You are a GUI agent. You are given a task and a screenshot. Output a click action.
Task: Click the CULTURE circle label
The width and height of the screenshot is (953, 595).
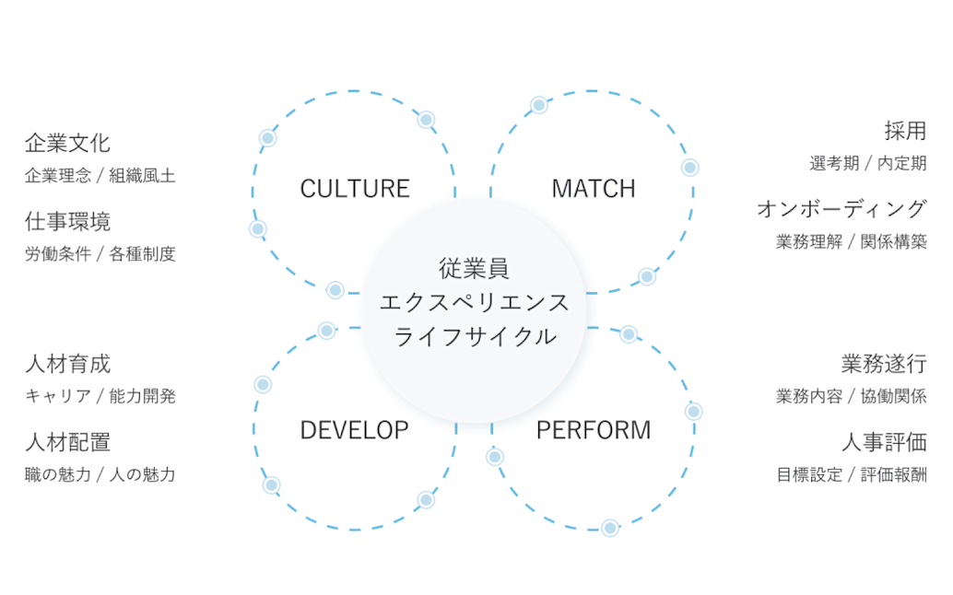point(355,189)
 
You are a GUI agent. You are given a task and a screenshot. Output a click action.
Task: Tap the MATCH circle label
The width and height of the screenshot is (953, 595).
point(594,189)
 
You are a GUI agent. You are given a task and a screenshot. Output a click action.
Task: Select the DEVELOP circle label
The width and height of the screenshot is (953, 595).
point(355,430)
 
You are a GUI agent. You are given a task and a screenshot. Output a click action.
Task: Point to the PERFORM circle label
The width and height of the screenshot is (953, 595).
point(594,430)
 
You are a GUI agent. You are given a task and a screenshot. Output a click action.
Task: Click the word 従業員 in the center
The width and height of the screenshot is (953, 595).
point(475,270)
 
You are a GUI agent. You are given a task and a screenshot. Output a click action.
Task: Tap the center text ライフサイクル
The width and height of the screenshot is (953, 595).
point(475,336)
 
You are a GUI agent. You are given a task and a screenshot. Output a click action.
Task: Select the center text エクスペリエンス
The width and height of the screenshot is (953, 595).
point(475,303)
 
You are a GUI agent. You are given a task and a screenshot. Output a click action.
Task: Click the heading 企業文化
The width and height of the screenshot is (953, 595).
point(67,144)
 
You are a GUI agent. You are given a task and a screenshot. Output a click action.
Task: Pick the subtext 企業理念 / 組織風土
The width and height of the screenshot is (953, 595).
point(100,175)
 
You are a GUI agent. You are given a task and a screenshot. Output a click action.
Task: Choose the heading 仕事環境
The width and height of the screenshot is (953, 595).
point(67,222)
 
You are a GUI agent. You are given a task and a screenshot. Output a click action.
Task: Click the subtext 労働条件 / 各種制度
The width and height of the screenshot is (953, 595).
point(100,253)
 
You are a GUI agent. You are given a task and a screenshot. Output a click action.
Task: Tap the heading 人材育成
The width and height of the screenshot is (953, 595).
point(67,364)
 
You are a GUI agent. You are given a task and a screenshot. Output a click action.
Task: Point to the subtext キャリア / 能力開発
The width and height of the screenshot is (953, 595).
point(100,396)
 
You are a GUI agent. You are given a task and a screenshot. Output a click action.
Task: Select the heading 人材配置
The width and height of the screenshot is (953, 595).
point(67,442)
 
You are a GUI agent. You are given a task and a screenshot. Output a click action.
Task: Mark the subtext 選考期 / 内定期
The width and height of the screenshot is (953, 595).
point(868,163)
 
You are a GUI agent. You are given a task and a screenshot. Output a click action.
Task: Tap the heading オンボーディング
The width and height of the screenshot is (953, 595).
point(841,209)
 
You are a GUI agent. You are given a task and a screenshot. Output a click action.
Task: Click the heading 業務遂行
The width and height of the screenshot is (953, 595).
point(884,364)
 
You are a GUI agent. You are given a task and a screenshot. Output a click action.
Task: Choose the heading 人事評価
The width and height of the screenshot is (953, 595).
point(884,442)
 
